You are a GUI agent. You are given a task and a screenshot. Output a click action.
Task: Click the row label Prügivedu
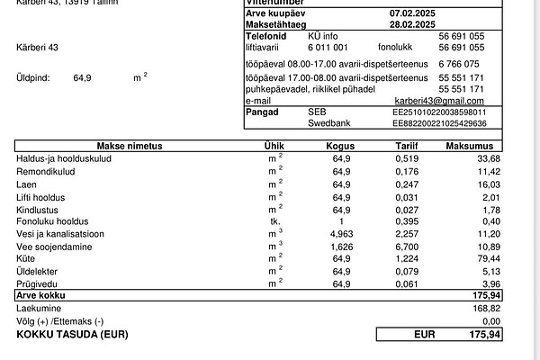pos(37,283)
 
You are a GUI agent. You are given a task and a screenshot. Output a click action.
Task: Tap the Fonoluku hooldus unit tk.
pos(274,220)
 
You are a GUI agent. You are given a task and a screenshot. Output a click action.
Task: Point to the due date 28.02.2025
pos(412,24)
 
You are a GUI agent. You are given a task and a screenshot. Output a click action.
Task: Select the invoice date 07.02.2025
pos(412,13)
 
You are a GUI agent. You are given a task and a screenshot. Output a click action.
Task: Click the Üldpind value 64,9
pos(84,78)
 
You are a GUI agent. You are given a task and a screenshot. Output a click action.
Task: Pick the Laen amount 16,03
pos(484,184)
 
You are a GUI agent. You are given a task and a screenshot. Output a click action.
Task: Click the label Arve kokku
pos(41,295)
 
